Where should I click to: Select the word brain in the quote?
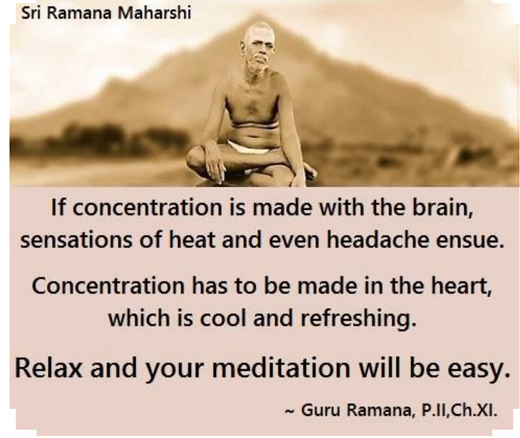(442, 208)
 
